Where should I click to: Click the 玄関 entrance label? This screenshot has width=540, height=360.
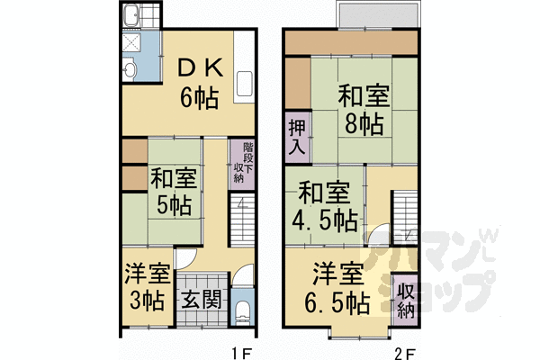click(x=202, y=299)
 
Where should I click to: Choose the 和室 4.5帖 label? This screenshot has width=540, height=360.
click(x=325, y=205)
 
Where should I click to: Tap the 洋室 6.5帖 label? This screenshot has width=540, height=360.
click(x=338, y=286)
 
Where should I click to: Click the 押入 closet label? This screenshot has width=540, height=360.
click(x=296, y=138)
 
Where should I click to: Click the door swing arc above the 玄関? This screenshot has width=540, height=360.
click(x=184, y=262)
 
